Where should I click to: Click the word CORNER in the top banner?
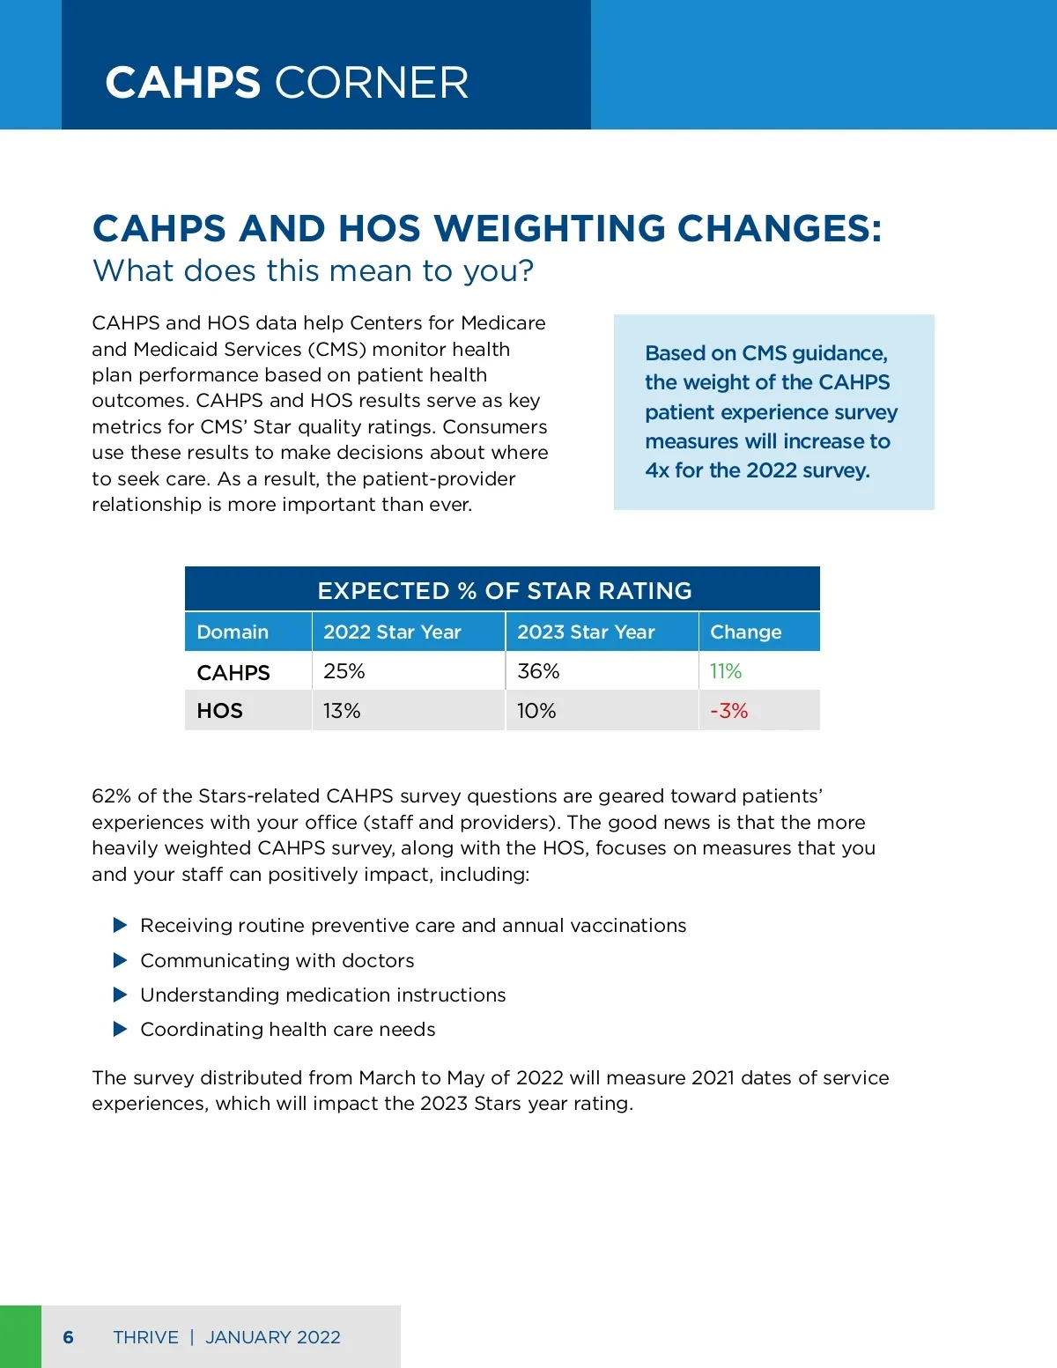[x=372, y=84]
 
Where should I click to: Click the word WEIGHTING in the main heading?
[x=550, y=229]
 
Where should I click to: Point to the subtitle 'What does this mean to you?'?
[x=313, y=270]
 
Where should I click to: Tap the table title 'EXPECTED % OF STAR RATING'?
[x=504, y=590]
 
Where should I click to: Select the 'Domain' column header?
[x=233, y=632]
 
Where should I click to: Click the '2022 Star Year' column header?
[x=392, y=632]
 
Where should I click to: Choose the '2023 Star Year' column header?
[x=586, y=632]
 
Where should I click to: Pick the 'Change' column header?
[x=745, y=632]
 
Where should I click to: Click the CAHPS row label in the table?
[x=233, y=672]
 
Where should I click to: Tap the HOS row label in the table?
[x=219, y=711]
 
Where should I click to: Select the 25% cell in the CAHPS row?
[x=344, y=671]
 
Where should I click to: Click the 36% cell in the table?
[x=538, y=671]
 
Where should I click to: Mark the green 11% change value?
[x=726, y=671]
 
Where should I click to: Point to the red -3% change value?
[x=728, y=711]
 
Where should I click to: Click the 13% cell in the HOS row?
[x=342, y=711]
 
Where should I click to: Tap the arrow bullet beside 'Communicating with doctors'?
[x=121, y=960]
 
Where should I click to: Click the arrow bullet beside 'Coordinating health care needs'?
[x=121, y=1029]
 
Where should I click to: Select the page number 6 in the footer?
[x=69, y=1337]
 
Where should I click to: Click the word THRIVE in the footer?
[x=145, y=1337]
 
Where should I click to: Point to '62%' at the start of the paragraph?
[x=111, y=796]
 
